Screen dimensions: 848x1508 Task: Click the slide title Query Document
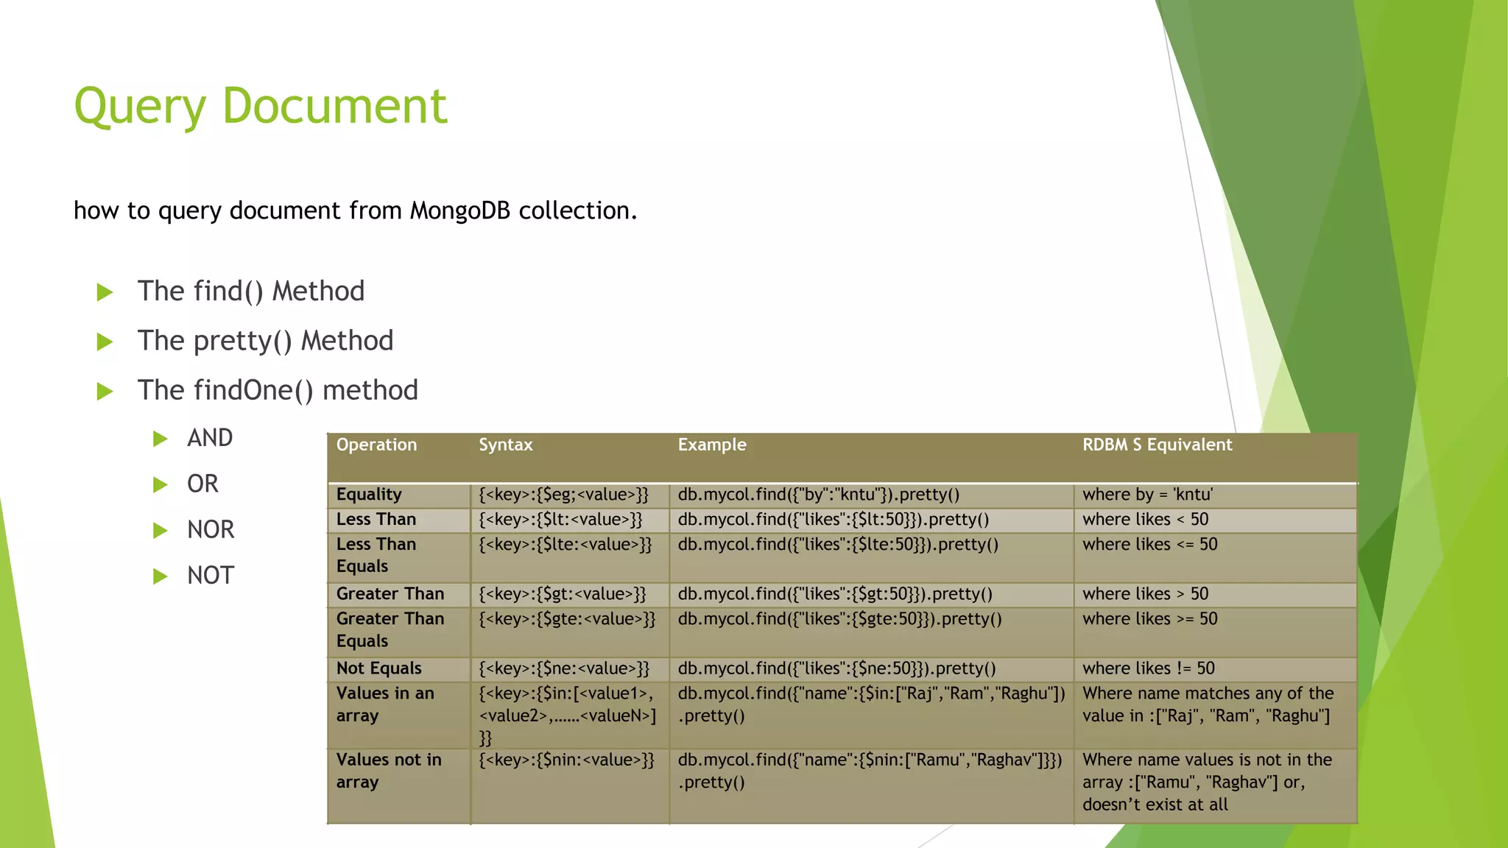(260, 107)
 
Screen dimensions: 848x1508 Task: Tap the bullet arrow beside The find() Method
(105, 292)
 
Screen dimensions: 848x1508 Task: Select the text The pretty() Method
(265, 341)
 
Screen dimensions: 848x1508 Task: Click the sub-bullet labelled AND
(210, 438)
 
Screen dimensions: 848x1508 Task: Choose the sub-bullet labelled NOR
(211, 529)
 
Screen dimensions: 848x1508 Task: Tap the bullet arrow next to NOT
(160, 576)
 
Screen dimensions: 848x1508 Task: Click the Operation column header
(376, 445)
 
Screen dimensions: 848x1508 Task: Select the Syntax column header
(505, 445)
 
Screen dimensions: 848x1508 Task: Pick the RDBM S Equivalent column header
(1157, 445)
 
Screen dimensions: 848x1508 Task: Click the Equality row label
(369, 495)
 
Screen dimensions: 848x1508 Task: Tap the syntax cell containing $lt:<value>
(560, 520)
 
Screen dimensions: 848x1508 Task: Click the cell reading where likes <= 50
(1149, 545)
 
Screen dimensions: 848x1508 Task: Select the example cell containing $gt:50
(835, 594)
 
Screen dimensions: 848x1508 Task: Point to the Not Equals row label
(378, 668)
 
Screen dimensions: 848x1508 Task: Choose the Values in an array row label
(385, 704)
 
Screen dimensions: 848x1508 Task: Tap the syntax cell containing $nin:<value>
(566, 760)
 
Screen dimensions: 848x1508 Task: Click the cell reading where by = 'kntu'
(1147, 495)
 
